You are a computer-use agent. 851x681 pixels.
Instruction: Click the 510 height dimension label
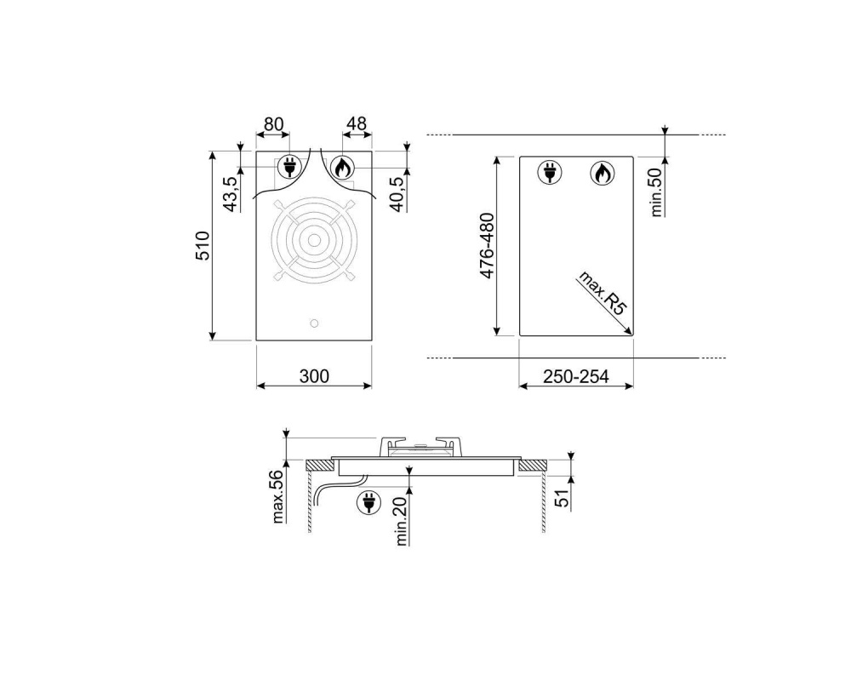tap(203, 245)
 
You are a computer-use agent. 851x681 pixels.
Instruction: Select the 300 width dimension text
tap(314, 376)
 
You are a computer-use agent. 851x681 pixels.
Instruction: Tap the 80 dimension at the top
tap(273, 124)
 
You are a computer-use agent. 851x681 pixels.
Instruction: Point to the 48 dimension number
tap(357, 124)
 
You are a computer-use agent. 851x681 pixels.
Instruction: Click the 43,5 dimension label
tap(230, 194)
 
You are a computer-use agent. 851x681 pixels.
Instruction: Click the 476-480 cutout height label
tap(487, 245)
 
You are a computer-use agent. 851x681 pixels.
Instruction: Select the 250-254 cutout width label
tap(576, 376)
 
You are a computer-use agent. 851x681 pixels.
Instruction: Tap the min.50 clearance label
tap(656, 192)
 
